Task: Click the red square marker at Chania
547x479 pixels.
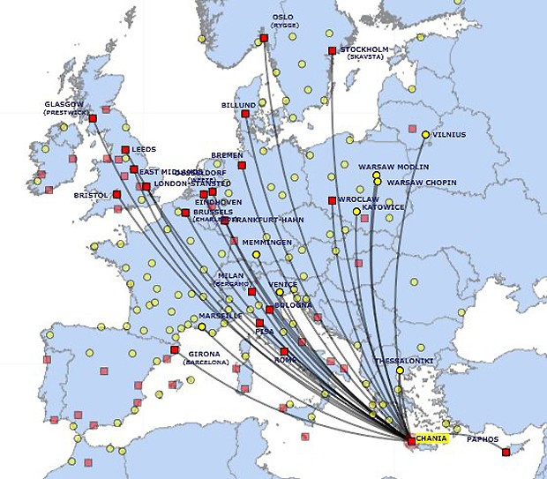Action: pos(411,440)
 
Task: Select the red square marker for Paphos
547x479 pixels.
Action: pos(506,452)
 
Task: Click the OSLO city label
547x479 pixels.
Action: pos(282,17)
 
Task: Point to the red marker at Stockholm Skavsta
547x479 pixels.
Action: pos(332,50)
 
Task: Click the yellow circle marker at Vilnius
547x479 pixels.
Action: pos(425,135)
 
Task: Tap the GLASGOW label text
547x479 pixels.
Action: pos(64,104)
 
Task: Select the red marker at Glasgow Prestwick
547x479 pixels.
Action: pos(93,118)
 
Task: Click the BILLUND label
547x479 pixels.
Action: pos(238,105)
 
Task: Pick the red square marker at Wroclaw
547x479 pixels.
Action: pos(332,200)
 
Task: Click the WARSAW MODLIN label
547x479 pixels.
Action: pos(393,167)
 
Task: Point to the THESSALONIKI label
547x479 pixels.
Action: pos(403,361)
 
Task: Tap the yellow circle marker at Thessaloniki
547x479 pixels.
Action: pos(400,370)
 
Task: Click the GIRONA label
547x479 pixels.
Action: pos(204,354)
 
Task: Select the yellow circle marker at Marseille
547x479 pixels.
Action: pos(202,327)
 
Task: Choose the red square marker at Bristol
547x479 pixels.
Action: pos(116,194)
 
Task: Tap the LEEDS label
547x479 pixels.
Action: pos(144,150)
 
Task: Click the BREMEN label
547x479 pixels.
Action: pos(227,155)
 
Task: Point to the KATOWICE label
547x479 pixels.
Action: pos(384,207)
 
